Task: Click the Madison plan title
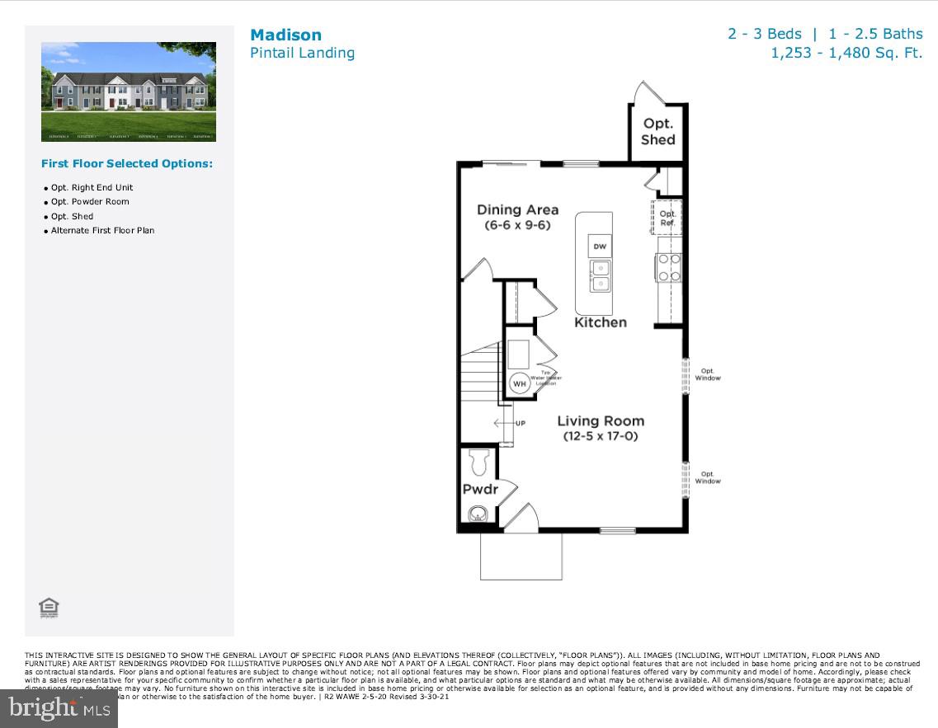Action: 285,35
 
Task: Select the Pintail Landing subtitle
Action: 302,53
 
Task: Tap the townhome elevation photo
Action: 129,92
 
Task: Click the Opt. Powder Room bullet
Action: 90,202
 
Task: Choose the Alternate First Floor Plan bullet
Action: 102,231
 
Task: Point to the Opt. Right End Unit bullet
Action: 92,188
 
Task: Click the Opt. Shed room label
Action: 658,132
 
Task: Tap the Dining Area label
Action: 517,209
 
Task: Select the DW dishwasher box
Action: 600,246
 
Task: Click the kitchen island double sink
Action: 600,276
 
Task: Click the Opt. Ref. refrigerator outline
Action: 667,218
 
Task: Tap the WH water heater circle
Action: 520,383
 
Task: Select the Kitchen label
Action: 601,322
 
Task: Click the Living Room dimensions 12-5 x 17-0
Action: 601,436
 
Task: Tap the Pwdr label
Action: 480,490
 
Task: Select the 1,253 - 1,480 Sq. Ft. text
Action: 846,53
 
